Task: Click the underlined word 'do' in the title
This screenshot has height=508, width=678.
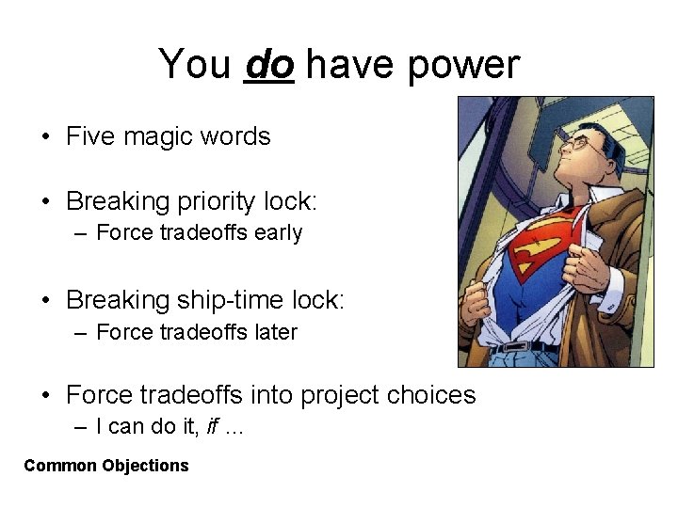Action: [x=268, y=65]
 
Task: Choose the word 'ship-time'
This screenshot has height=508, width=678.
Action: [x=231, y=300]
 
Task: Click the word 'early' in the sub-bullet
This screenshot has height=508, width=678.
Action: [x=277, y=233]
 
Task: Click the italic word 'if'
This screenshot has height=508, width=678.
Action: [x=212, y=426]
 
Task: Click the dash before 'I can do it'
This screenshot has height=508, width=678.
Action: [x=85, y=427]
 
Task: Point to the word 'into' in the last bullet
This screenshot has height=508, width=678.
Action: [x=272, y=394]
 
